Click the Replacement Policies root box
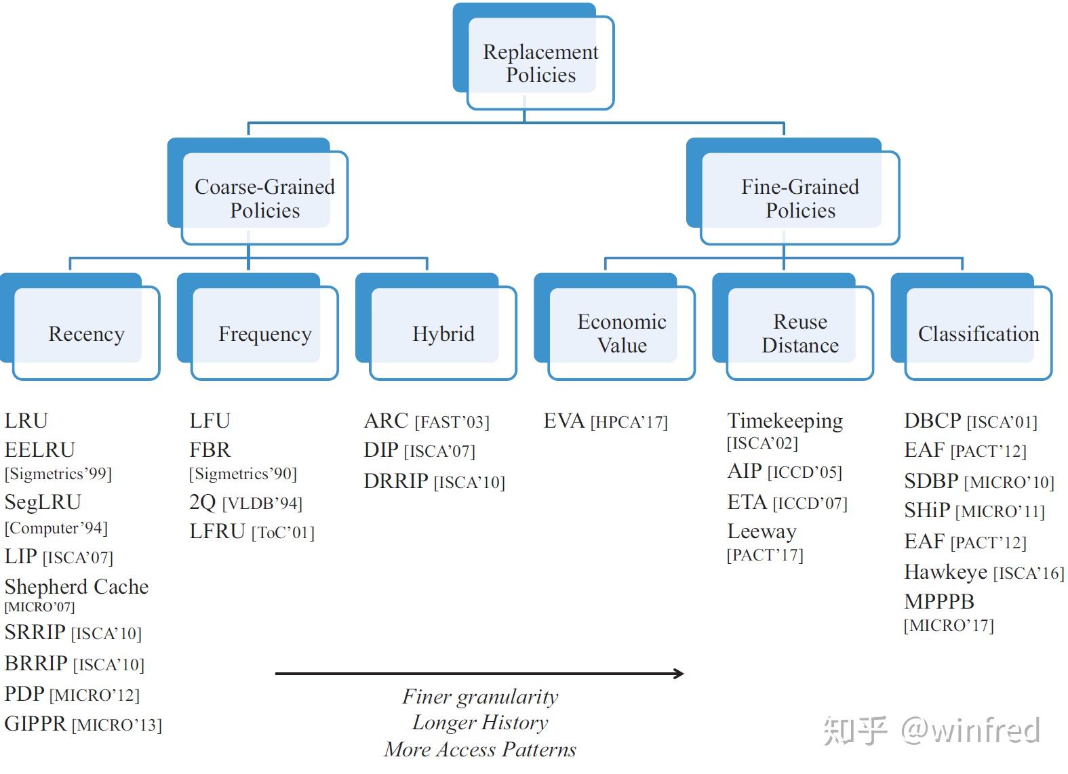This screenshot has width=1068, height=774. click(x=540, y=63)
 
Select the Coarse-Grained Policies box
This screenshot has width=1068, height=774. click(x=264, y=198)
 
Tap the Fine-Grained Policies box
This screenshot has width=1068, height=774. click(x=799, y=198)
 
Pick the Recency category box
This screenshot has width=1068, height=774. click(x=86, y=333)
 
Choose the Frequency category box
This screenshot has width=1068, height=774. click(x=264, y=333)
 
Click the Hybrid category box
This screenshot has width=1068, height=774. click(x=443, y=333)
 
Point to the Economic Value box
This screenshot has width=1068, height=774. click(x=621, y=333)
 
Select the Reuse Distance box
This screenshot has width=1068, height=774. click(x=799, y=333)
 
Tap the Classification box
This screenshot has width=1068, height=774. click(x=978, y=333)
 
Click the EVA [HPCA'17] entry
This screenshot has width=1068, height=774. click(x=605, y=422)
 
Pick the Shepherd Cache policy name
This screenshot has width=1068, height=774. click(x=77, y=586)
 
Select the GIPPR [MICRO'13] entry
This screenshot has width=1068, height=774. click(x=83, y=724)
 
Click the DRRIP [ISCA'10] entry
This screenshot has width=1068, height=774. click(x=434, y=481)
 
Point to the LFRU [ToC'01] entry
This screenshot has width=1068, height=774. click(x=252, y=532)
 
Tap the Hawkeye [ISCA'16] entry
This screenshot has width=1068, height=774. click(x=983, y=573)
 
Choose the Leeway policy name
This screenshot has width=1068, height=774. click(x=762, y=531)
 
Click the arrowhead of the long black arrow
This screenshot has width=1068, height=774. click(x=678, y=673)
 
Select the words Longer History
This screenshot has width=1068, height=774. click(x=480, y=722)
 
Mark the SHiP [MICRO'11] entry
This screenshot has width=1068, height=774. click(x=974, y=510)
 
